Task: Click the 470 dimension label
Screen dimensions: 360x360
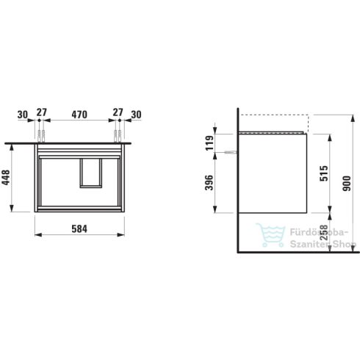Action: pos(79,115)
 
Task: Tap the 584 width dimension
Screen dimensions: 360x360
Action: pos(79,229)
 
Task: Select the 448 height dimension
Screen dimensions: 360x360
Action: pos(6,178)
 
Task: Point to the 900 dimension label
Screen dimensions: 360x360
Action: pos(347,184)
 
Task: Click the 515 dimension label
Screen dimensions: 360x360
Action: pos(324,173)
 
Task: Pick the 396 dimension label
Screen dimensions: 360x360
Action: pos(209,182)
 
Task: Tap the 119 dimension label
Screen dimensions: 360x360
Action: pos(209,143)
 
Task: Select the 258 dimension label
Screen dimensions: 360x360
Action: pos(324,233)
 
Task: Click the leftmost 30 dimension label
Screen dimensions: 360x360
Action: pos(23,115)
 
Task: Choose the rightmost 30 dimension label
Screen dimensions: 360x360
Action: pos(136,115)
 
